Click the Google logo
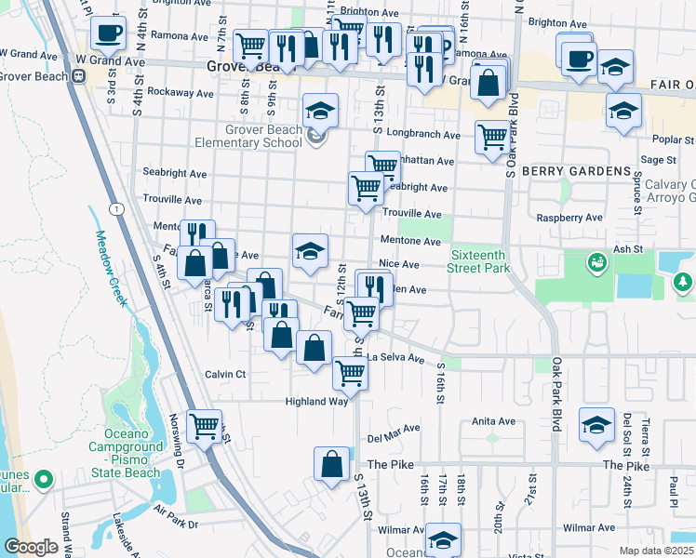point(32,547)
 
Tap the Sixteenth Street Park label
point(481,261)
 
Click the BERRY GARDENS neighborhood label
point(576,171)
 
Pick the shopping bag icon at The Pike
point(331,463)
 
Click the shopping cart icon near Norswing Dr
point(204,427)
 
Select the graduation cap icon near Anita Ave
point(596,425)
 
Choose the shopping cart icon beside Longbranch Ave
point(492,137)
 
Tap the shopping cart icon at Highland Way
point(350,373)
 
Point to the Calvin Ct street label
point(225,374)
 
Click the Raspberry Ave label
point(569,218)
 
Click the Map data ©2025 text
point(657,551)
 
